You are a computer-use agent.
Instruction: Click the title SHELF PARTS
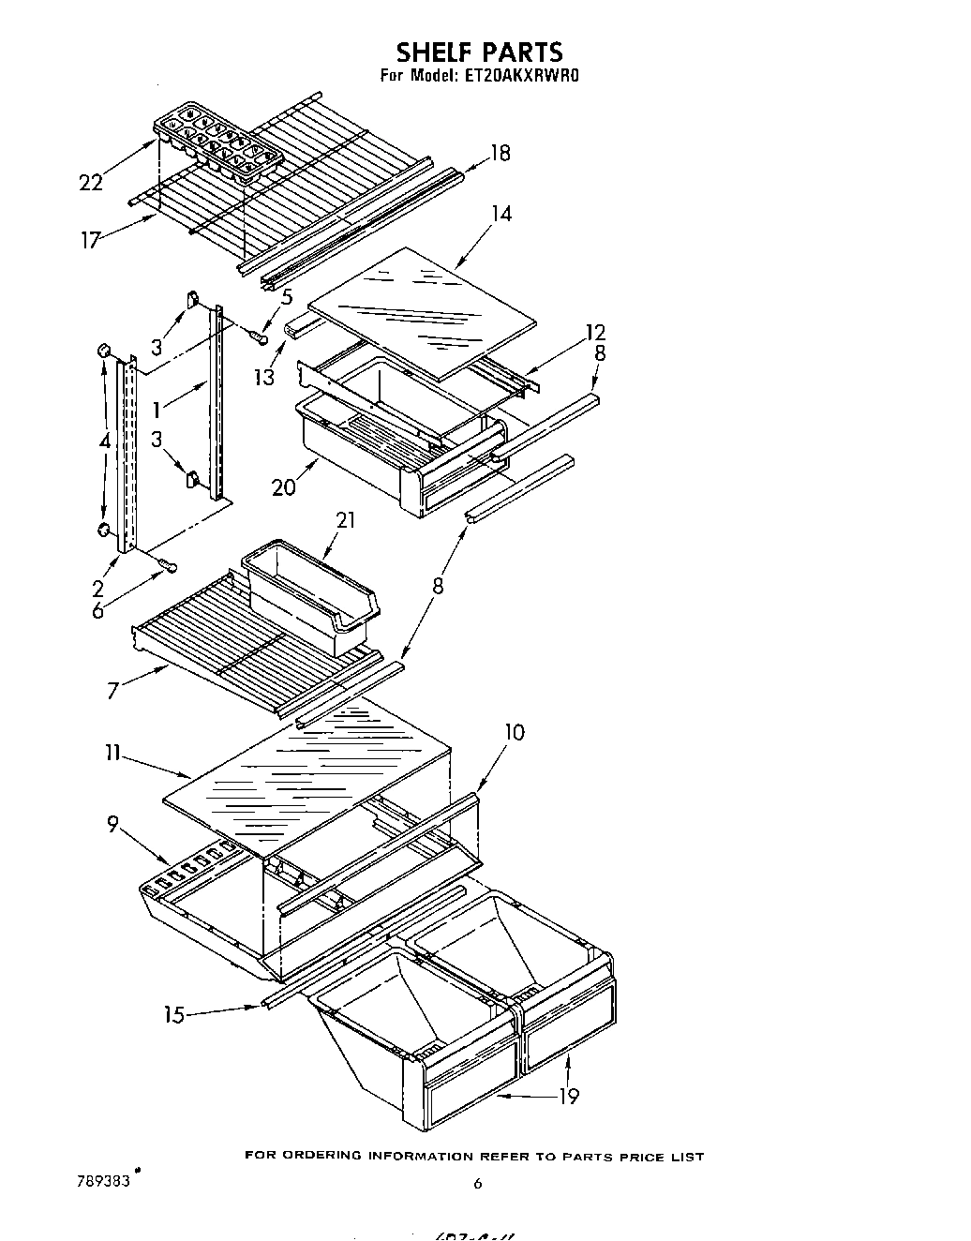(479, 51)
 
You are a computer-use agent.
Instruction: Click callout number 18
(500, 154)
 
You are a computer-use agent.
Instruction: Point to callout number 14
(501, 214)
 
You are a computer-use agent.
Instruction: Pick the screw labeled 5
(258, 335)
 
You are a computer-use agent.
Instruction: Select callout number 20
(284, 486)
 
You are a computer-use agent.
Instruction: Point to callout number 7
(113, 691)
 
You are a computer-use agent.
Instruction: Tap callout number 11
(112, 753)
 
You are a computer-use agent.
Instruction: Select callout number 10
(514, 732)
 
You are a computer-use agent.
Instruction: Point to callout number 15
(172, 1013)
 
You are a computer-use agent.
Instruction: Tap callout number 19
(568, 1096)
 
